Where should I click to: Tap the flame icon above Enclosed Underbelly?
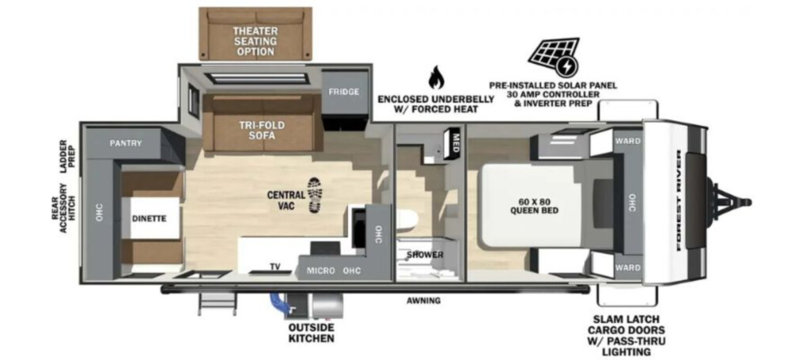436,78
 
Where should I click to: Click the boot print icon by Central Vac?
314,195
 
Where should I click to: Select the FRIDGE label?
343,92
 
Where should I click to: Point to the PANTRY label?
126,143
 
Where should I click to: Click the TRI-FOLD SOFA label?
261,131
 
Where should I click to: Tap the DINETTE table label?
149,218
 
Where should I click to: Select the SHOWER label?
425,255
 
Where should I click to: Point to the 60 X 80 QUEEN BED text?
534,206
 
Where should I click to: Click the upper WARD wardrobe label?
627,141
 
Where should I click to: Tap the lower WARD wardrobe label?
627,267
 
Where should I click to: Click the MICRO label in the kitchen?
321,271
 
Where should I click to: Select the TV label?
275,267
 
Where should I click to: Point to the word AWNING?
423,300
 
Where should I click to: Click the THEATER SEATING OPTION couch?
255,33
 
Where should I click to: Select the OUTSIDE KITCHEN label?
311,333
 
